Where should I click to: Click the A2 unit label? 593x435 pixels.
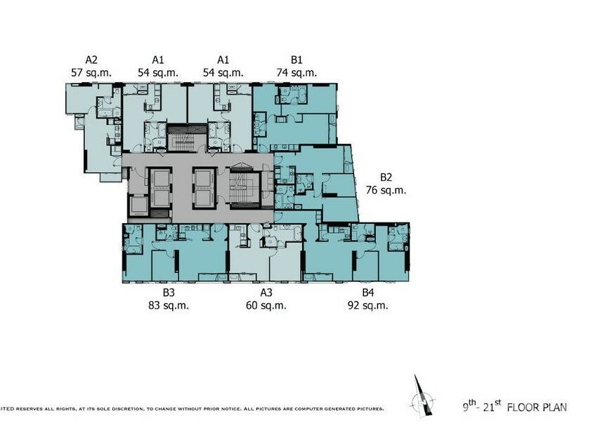91,60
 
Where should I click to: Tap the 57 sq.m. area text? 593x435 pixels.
91,72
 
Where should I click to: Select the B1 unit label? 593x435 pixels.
296,60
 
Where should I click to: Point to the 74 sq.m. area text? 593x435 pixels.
296,72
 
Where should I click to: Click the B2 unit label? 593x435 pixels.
386,177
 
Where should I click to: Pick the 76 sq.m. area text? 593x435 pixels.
386,190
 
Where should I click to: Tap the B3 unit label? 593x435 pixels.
169,293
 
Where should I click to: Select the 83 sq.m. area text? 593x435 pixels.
169,305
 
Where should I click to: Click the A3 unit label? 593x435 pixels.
266,293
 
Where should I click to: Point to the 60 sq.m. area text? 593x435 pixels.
266,305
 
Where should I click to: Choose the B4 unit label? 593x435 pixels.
368,293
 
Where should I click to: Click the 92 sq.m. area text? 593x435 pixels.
368,305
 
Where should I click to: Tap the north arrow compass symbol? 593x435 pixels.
422,396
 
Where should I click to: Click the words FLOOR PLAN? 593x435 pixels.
537,408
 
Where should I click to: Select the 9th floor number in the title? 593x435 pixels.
469,406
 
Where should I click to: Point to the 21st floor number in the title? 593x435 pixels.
492,406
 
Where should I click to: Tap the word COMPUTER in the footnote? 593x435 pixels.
308,409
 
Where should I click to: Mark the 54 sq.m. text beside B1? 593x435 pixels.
223,72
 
